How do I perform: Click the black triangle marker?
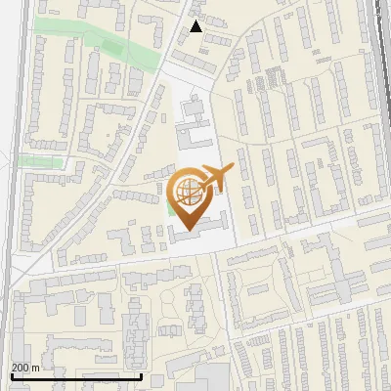click(x=196, y=26)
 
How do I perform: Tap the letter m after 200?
click(x=37, y=368)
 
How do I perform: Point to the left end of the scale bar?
click(x=11, y=375)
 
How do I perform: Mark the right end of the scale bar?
click(x=142, y=375)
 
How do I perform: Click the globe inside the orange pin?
click(x=187, y=189)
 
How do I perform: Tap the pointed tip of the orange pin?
click(x=187, y=230)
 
